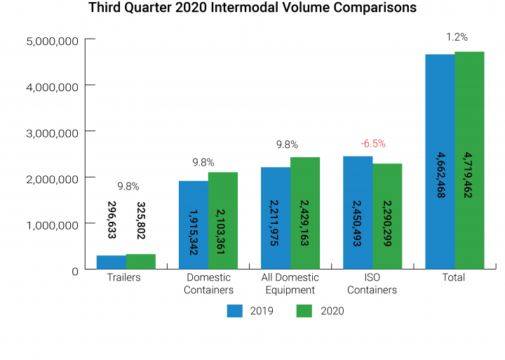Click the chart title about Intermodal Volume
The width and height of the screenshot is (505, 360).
(252, 9)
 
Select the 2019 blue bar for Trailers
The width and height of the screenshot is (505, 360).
(111, 262)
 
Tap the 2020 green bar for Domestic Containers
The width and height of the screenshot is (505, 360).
(223, 220)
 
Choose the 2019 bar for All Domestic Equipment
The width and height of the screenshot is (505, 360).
(276, 218)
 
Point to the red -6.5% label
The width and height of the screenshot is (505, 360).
(372, 144)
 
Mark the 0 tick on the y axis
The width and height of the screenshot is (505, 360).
(74, 271)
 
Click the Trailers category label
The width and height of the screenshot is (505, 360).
(123, 278)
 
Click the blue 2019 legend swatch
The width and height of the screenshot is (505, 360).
(234, 311)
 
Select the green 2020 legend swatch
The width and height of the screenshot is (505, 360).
(304, 311)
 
